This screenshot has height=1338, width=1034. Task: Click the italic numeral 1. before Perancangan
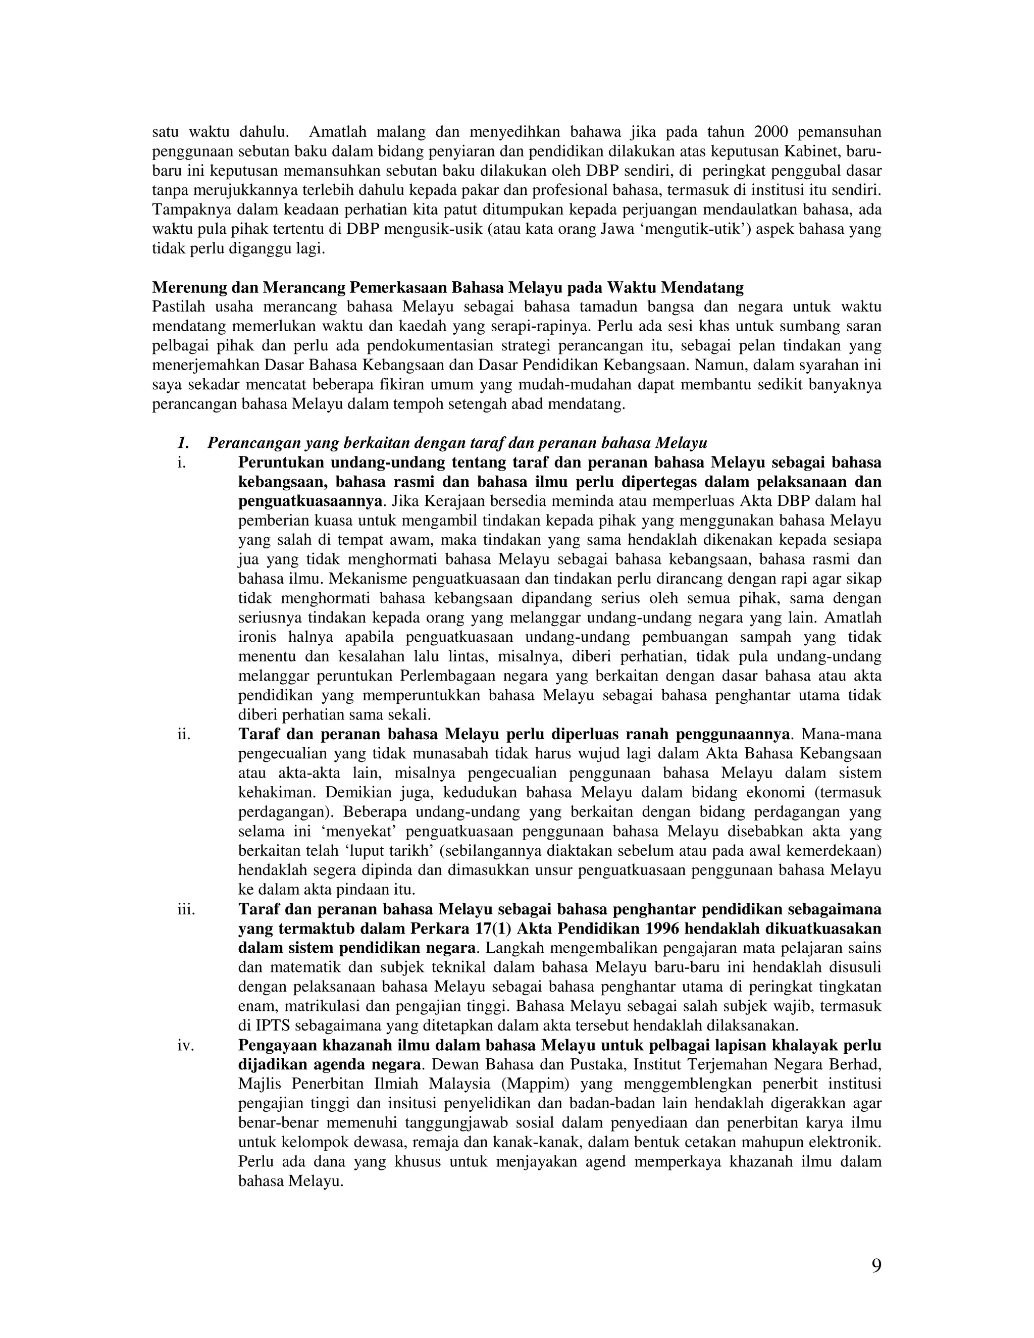point(182,442)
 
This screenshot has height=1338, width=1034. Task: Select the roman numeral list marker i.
point(181,462)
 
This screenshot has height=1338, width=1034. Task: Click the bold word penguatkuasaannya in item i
point(310,501)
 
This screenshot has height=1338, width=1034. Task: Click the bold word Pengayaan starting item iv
point(276,1045)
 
